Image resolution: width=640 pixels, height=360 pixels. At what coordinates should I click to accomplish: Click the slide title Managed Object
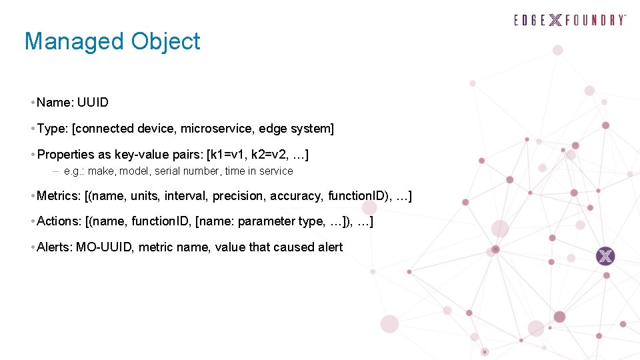(x=112, y=41)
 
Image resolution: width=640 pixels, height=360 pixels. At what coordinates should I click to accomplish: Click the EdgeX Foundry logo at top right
(x=570, y=19)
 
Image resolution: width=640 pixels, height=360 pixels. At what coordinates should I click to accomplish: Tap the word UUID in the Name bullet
(x=93, y=103)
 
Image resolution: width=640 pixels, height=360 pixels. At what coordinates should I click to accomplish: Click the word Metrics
(x=58, y=196)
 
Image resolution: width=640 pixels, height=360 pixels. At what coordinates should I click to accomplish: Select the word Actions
(x=58, y=221)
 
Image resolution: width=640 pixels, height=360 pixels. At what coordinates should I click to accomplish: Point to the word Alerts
(x=54, y=247)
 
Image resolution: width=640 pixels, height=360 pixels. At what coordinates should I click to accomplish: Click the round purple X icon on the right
(x=605, y=256)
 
